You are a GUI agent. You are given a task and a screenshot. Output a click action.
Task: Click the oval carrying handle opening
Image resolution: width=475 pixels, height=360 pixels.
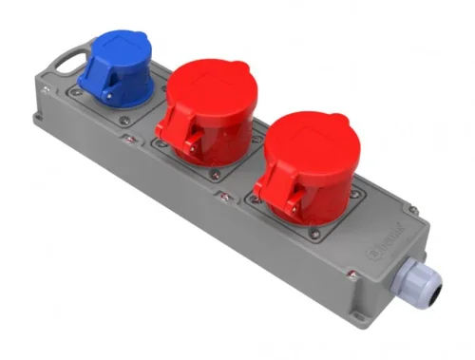64,65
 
